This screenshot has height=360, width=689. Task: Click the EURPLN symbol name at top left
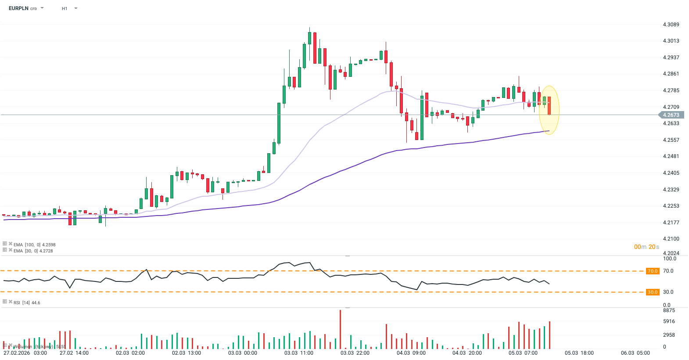click(x=18, y=8)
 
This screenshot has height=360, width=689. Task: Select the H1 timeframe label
click(x=65, y=8)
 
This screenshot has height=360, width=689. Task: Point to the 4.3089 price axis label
click(x=671, y=25)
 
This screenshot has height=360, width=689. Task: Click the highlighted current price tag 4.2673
click(x=671, y=115)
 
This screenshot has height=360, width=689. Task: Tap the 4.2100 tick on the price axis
click(x=671, y=239)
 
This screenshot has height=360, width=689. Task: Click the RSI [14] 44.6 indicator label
click(x=26, y=302)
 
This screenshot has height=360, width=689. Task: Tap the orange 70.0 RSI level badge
click(x=653, y=271)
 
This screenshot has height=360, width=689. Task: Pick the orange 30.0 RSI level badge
click(x=653, y=292)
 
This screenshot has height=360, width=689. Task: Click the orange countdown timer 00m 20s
click(x=646, y=247)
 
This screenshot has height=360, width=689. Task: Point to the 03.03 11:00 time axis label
click(x=299, y=353)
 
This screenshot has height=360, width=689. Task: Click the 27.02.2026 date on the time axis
click(x=17, y=353)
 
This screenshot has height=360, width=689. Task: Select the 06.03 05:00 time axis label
click(x=635, y=353)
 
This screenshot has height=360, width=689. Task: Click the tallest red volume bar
click(x=340, y=329)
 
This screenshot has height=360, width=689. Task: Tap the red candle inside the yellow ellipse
click(x=549, y=105)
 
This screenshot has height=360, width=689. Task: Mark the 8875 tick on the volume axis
click(x=669, y=310)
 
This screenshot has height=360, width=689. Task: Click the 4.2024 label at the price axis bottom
click(x=671, y=253)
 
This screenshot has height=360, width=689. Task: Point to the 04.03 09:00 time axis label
click(x=411, y=353)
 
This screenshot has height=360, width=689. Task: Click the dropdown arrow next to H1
click(x=76, y=8)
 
